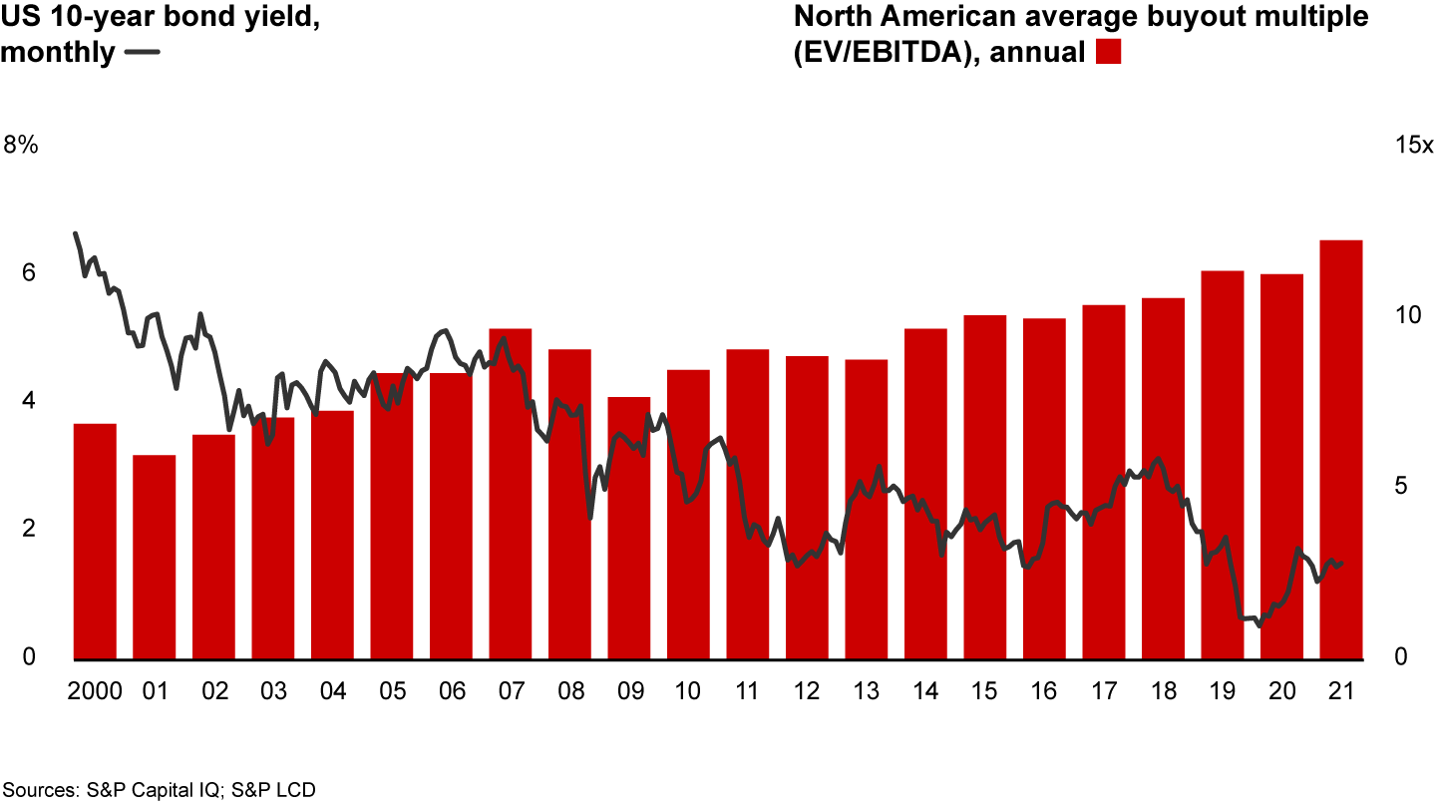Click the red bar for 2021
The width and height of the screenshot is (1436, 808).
coord(1341,450)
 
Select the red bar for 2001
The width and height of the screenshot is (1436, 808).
coord(155,558)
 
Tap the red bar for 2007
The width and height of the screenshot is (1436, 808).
coord(511,494)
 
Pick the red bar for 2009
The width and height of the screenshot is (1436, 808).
coord(629,529)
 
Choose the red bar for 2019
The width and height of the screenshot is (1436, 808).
coord(1223,465)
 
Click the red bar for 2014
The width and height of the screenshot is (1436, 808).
coord(925,494)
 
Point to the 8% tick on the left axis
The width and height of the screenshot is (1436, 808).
coord(21,146)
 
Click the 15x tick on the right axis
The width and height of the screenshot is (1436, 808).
coord(1413,146)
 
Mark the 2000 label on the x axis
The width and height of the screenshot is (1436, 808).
coord(96,691)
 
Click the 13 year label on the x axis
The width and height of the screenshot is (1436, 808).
coord(866,691)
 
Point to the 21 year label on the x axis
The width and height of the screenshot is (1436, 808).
coord(1341,691)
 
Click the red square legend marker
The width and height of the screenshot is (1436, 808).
coord(1109,52)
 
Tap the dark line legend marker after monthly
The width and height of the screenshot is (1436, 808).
coord(145,53)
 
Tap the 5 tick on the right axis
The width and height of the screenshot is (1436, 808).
coord(1401,487)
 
